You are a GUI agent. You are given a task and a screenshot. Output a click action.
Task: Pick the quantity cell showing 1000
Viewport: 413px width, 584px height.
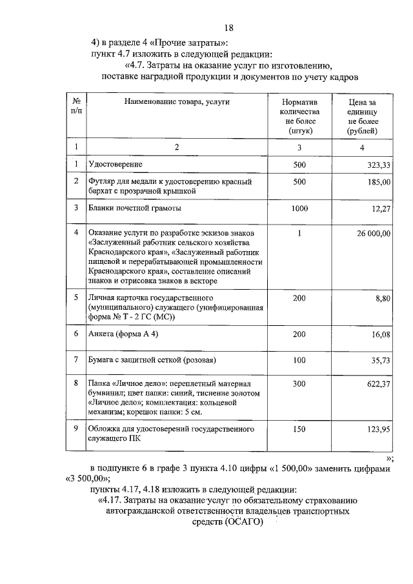click(299, 208)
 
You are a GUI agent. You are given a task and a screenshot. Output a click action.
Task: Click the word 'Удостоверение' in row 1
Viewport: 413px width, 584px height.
click(116, 165)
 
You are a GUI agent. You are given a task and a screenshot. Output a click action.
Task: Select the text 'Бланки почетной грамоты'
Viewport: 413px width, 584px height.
click(135, 208)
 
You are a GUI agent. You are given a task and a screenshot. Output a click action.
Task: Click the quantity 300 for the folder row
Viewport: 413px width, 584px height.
click(299, 384)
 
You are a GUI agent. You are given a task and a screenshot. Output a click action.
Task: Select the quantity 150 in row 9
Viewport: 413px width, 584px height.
click(299, 428)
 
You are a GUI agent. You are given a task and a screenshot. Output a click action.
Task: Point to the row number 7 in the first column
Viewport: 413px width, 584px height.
click(76, 359)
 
